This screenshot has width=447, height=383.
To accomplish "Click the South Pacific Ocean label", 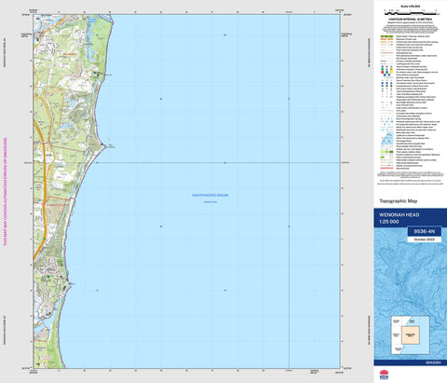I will point(210,195).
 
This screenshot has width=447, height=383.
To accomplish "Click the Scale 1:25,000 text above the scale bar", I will point(408,7).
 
